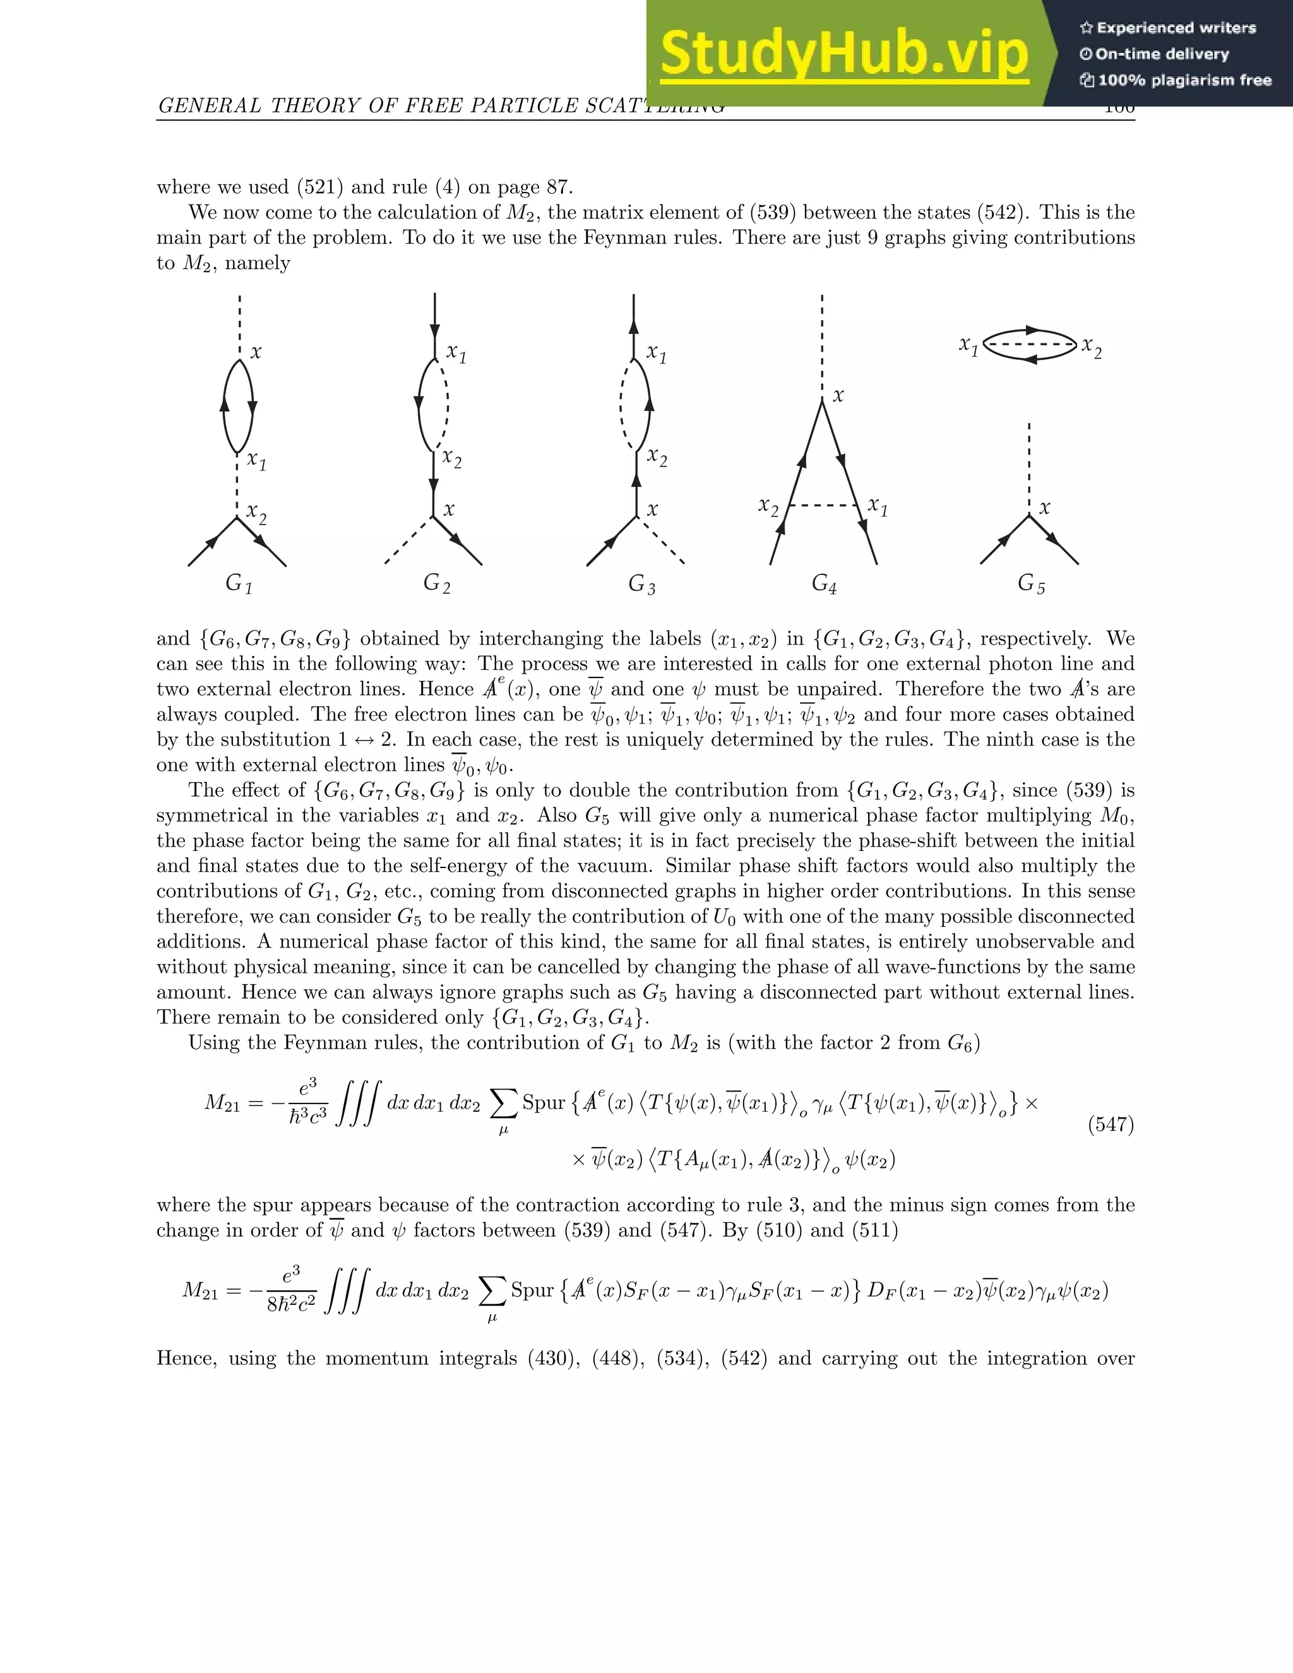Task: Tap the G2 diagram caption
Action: point(437,584)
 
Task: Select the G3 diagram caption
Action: point(641,585)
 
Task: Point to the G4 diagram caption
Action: point(824,585)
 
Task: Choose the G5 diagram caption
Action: point(1031,584)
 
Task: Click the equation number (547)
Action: point(1111,1124)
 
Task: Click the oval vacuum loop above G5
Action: point(1030,345)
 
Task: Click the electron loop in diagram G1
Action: point(238,406)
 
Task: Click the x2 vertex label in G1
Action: point(256,514)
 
